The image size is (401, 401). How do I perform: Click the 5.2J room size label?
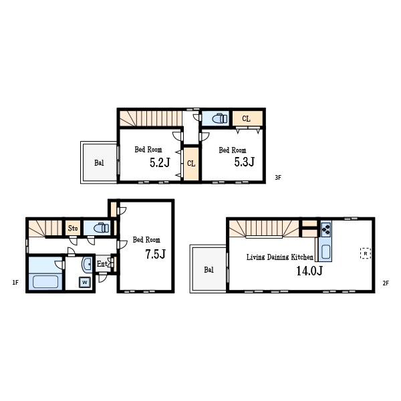[160, 162]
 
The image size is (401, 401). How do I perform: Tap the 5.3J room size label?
[245, 162]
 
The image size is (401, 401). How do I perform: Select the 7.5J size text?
[156, 254]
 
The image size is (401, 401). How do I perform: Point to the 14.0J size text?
[309, 271]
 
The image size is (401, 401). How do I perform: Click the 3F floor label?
[278, 178]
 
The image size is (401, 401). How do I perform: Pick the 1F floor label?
[15, 282]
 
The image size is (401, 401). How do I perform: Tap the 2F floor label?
[386, 283]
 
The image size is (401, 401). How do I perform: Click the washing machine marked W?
[85, 282]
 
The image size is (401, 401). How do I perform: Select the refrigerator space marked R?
[366, 253]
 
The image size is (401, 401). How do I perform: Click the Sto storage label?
[73, 228]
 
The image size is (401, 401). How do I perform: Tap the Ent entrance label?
[102, 264]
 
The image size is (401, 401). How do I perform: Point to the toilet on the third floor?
[220, 118]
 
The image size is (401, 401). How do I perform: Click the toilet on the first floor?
[102, 228]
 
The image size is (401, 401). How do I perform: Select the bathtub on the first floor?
[45, 281]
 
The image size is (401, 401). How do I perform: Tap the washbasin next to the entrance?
[87, 264]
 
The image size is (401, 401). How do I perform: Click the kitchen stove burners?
[326, 229]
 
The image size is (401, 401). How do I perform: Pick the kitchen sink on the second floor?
[326, 252]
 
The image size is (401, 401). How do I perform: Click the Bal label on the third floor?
[99, 163]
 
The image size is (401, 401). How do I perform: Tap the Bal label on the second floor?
[209, 269]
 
